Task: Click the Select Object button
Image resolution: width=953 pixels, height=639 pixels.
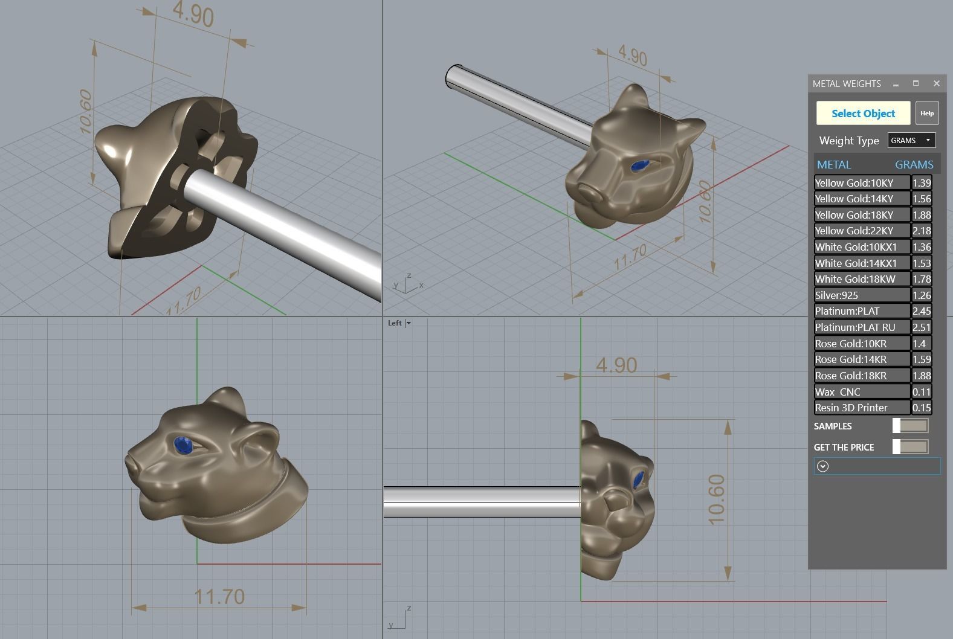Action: [x=863, y=114]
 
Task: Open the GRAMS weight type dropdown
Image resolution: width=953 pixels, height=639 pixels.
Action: [x=911, y=140]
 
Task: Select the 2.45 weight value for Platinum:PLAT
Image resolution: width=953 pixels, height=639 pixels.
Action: [x=922, y=311]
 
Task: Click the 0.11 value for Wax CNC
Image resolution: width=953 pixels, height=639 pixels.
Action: [x=922, y=392]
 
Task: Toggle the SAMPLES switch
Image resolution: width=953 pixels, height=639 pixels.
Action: [x=910, y=426]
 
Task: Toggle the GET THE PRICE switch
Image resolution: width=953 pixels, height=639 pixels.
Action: [x=910, y=447]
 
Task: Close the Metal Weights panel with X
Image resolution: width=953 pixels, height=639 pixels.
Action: [x=936, y=83]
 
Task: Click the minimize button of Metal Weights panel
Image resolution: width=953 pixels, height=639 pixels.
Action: [x=896, y=84]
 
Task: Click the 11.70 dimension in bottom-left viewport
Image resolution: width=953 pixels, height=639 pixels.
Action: [x=219, y=597]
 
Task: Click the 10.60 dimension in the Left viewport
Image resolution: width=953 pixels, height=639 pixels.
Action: [x=716, y=499]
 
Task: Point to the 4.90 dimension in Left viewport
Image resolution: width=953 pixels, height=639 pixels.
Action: [x=616, y=365]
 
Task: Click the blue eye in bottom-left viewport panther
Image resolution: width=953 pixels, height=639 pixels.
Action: [x=183, y=446]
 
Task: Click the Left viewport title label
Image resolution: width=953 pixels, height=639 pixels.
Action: [x=395, y=323]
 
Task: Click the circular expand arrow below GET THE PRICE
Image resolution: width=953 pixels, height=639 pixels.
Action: [x=822, y=466]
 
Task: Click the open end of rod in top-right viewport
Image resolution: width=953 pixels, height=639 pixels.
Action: [x=453, y=77]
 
